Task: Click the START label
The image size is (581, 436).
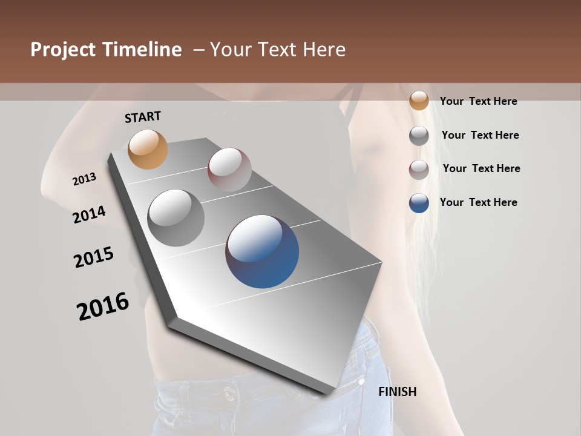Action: [x=143, y=116]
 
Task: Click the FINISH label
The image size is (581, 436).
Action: [x=397, y=392]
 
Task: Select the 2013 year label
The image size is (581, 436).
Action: [x=84, y=179]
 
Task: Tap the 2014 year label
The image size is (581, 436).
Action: [x=89, y=215]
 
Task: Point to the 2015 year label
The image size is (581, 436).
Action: [x=94, y=257]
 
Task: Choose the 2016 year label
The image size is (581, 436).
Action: [x=103, y=306]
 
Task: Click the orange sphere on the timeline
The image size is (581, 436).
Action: [x=148, y=149]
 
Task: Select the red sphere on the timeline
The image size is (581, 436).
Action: [x=229, y=170]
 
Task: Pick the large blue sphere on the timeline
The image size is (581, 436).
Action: [x=262, y=251]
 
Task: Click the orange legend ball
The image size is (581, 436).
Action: [x=419, y=101]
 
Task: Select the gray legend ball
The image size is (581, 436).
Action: [x=419, y=136]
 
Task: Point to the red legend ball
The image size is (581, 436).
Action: [x=419, y=170]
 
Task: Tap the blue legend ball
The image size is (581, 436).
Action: [x=419, y=203]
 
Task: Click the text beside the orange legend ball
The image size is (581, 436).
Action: [x=478, y=101]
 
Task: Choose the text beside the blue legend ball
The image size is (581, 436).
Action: [x=478, y=202]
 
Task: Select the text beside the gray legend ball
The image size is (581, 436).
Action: [x=480, y=135]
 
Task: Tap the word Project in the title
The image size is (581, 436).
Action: [x=63, y=50]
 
